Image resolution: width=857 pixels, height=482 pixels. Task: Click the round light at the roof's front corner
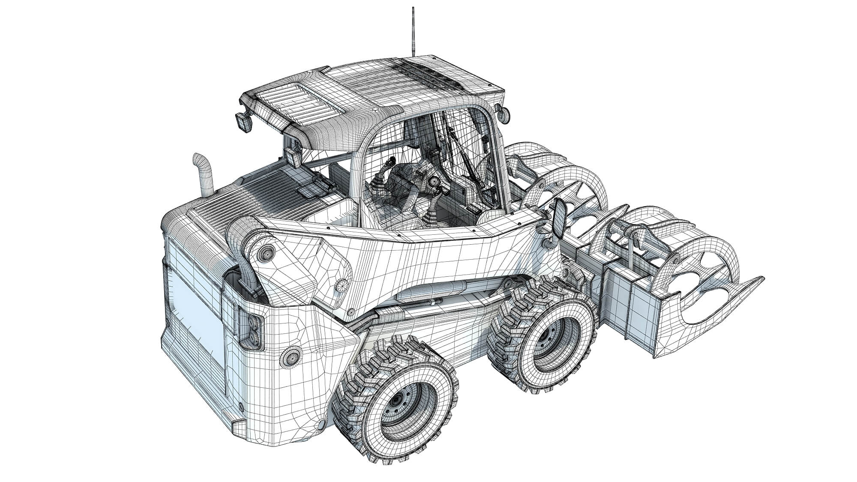504,114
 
